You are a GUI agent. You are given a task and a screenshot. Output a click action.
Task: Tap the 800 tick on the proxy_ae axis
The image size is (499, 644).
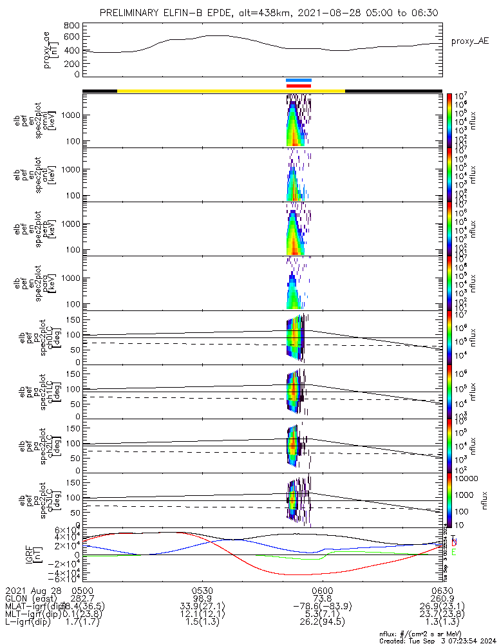pos(72,25)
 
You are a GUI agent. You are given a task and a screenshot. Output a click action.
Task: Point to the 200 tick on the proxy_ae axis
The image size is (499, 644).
pos(72,63)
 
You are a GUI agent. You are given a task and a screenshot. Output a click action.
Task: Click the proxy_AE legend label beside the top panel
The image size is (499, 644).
pos(469,41)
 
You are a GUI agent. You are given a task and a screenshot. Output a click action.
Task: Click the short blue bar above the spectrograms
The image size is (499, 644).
pos(299,80)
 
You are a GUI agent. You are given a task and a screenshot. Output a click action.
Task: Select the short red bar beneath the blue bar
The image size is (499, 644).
pos(299,86)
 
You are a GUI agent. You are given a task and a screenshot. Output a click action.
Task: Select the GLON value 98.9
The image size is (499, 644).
pos(202,598)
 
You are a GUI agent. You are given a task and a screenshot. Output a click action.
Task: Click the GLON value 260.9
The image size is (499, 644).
pos(442,598)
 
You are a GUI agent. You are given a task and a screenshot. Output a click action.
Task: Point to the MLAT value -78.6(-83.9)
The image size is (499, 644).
pos(322,606)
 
